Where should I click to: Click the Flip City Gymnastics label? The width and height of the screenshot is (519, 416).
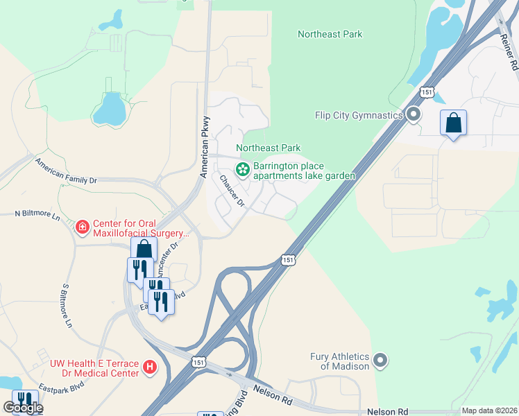coord(359,114)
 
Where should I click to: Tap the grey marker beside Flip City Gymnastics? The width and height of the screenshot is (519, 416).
coord(414,114)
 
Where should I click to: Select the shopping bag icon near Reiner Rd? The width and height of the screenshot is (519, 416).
coord(453,123)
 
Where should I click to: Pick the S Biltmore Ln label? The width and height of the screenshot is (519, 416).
coord(67,306)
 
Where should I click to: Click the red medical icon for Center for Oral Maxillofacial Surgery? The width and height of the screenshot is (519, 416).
coord(82,227)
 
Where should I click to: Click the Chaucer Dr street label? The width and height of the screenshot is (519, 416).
coord(233,191)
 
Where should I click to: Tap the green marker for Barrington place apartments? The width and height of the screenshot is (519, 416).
coord(243,168)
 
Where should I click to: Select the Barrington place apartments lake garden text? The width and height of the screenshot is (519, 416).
coord(304,171)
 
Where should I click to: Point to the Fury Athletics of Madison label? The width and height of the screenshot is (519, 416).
coord(339,361)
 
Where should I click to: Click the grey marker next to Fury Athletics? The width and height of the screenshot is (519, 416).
coord(380,360)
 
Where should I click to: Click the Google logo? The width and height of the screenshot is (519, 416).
coord(23,408)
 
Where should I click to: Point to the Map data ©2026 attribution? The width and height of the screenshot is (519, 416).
coord(489,410)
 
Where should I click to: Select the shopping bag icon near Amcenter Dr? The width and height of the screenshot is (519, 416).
coord(144,249)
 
